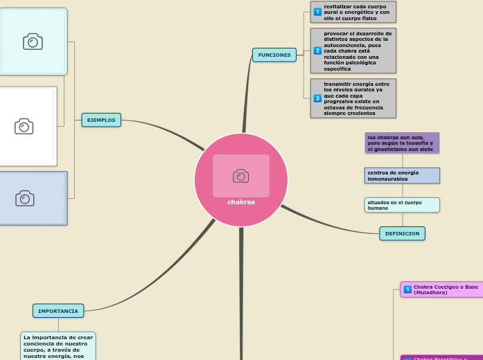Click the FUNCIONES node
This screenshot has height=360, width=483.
pos(274,55)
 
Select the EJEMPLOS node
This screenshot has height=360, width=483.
pos(101,120)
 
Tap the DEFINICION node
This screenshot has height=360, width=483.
pos(402,233)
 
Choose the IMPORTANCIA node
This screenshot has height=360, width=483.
pos(58,311)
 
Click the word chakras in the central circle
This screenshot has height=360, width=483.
pos(241,202)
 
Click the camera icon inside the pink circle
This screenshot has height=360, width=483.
pos(241,176)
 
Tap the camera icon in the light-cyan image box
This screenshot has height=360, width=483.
pos(33,42)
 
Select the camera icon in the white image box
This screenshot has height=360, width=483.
pos(24,126)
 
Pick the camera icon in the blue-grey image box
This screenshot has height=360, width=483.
pos(25,199)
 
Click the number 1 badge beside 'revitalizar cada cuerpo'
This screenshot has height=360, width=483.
pos(317,12)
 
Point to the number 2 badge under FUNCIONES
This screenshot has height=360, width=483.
pos(317,51)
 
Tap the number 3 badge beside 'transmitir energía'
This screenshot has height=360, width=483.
pos(317,98)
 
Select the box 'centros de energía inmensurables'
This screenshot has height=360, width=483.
pos(402,175)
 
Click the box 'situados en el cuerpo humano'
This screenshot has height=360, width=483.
pos(402,205)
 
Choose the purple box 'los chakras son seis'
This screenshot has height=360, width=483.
pos(402,143)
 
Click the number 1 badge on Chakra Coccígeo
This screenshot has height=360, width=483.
pos(407,289)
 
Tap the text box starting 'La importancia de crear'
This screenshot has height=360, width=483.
pos(58,345)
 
